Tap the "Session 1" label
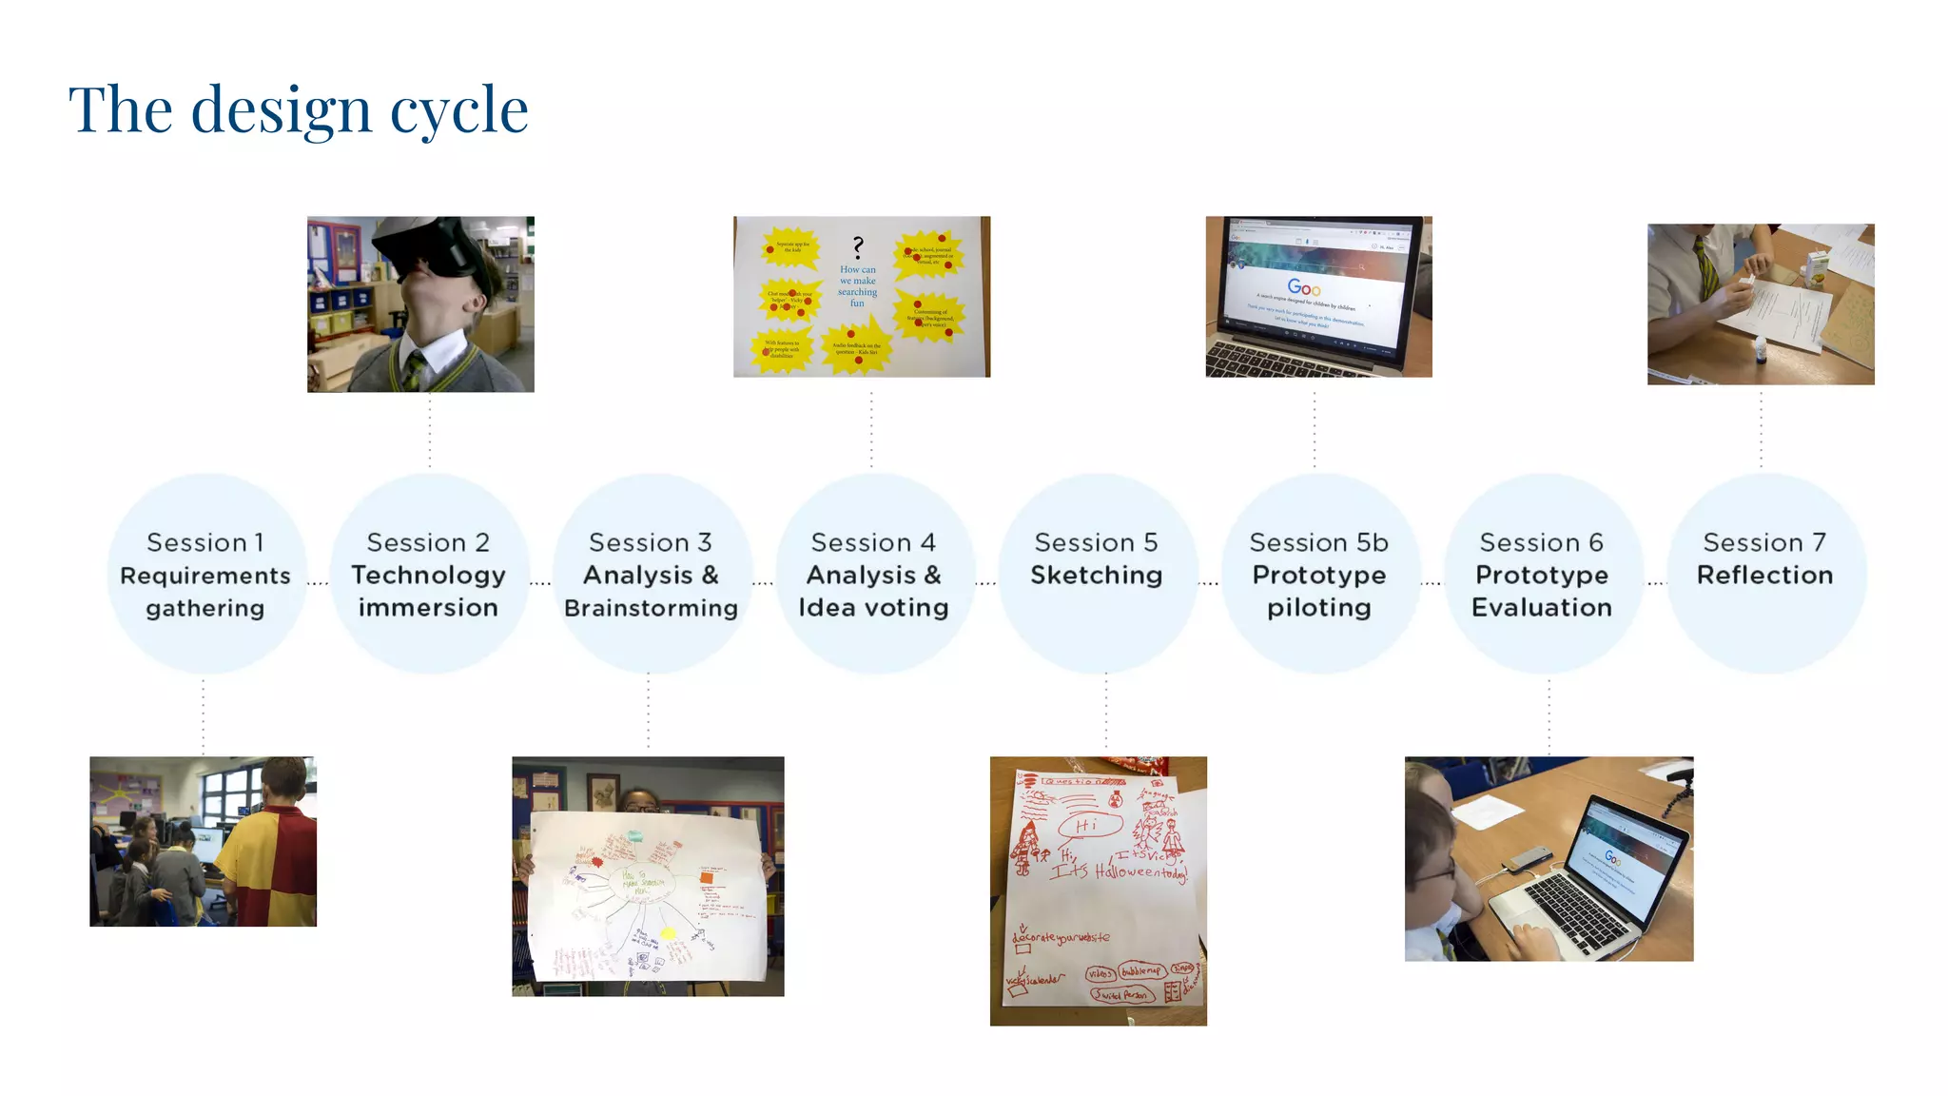(x=205, y=542)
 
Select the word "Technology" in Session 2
(x=428, y=575)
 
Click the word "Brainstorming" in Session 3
(x=651, y=608)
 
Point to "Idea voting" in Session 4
(x=873, y=608)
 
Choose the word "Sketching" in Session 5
(x=1096, y=575)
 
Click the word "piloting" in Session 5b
(x=1318, y=608)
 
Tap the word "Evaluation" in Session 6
(x=1541, y=608)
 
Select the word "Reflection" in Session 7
(x=1764, y=575)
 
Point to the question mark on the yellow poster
(x=858, y=247)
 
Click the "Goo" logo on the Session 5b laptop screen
(x=1303, y=287)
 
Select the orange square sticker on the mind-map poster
(x=707, y=878)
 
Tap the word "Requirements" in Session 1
(x=205, y=576)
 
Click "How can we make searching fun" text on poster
(x=857, y=286)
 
